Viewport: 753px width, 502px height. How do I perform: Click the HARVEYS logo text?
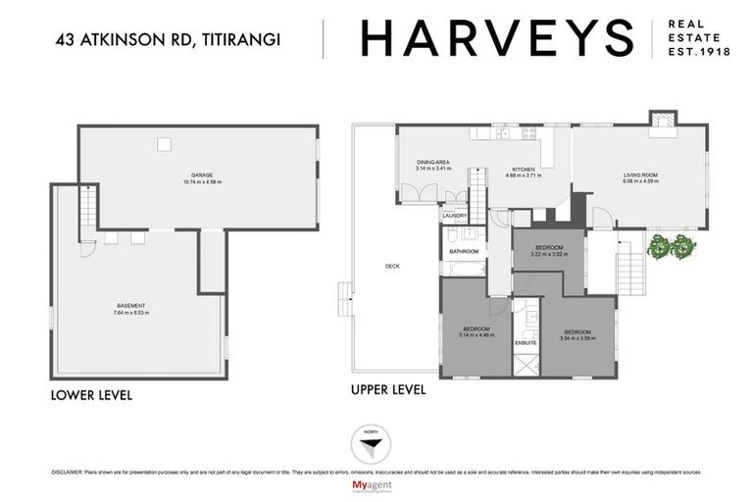coord(497,39)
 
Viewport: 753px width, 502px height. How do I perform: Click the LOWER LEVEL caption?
coord(91,395)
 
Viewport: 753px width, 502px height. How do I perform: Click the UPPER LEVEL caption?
coord(388,389)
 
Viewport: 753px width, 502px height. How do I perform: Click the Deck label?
coord(392,266)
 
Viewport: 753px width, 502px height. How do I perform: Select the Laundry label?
coord(454,216)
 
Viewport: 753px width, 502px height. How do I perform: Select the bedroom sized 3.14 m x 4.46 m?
coord(476,331)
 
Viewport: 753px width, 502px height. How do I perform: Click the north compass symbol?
coord(369,446)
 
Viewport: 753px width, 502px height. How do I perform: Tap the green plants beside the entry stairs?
coord(672,247)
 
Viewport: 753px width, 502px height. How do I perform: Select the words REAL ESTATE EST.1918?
coord(698,39)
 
